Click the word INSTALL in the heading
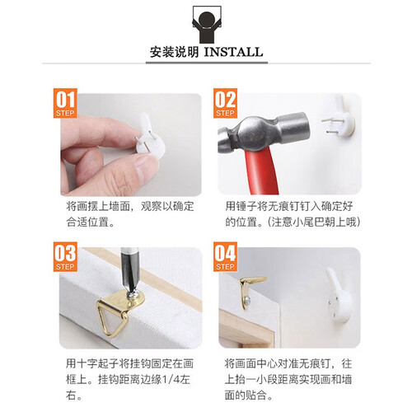coord(233,52)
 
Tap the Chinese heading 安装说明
coord(174,52)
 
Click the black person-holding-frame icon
coord(207,25)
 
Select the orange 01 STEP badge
coord(65,103)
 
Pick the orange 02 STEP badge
coord(225,103)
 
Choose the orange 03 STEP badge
coord(65,257)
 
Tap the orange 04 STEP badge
coord(225,257)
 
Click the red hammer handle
coord(261,171)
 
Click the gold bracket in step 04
coord(249,290)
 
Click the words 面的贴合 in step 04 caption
coord(246,396)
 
